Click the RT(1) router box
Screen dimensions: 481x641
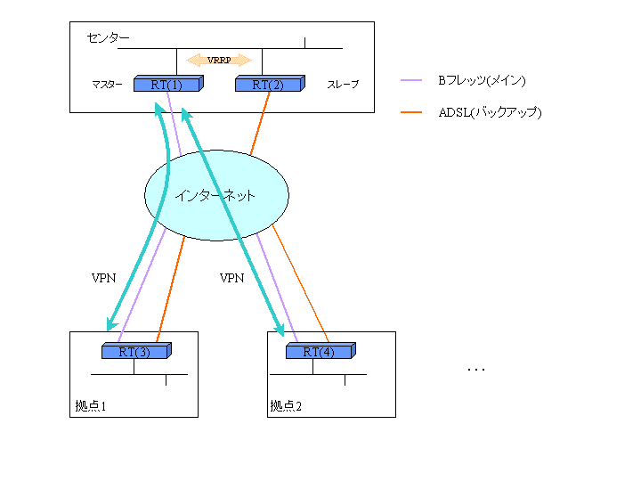pyautogui.click(x=167, y=85)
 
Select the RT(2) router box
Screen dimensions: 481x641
pyautogui.click(x=268, y=85)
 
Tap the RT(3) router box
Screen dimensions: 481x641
pyautogui.click(x=135, y=351)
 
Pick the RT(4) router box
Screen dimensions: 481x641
pyautogui.click(x=318, y=351)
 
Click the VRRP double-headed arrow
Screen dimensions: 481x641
pyautogui.click(x=219, y=60)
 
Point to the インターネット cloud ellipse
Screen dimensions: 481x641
pyautogui.click(x=216, y=196)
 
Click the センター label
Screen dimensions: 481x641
pyautogui.click(x=108, y=38)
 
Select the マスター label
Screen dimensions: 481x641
pyautogui.click(x=107, y=85)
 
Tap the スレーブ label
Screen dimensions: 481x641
pyautogui.click(x=343, y=85)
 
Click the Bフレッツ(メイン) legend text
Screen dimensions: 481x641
pyautogui.click(x=481, y=81)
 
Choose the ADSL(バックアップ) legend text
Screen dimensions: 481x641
pyautogui.click(x=490, y=112)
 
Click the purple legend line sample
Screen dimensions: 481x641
pyautogui.click(x=410, y=81)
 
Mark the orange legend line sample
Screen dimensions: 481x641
pyautogui.click(x=410, y=112)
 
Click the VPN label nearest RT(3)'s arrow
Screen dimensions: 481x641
pyautogui.click(x=104, y=278)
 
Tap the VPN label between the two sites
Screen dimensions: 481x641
pyautogui.click(x=231, y=278)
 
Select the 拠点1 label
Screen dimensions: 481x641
pyautogui.click(x=91, y=406)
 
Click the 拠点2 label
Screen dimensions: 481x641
pyautogui.click(x=286, y=406)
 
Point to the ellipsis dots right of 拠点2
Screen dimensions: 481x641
pyautogui.click(x=476, y=369)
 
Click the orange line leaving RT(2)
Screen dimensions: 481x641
pyautogui.click(x=257, y=125)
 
